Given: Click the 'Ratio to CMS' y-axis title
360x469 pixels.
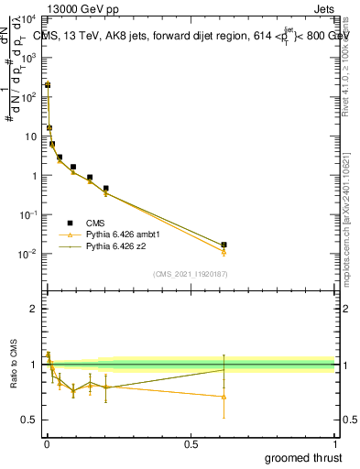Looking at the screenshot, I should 12,364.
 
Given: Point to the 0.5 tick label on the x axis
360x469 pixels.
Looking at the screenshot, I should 190,443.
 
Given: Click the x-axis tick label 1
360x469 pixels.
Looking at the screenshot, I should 334,443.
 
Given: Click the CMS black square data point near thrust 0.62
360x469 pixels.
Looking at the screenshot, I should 224,245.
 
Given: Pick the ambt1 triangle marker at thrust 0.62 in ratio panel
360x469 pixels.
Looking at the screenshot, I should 224,397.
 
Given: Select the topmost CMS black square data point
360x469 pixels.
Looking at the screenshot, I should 48,84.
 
